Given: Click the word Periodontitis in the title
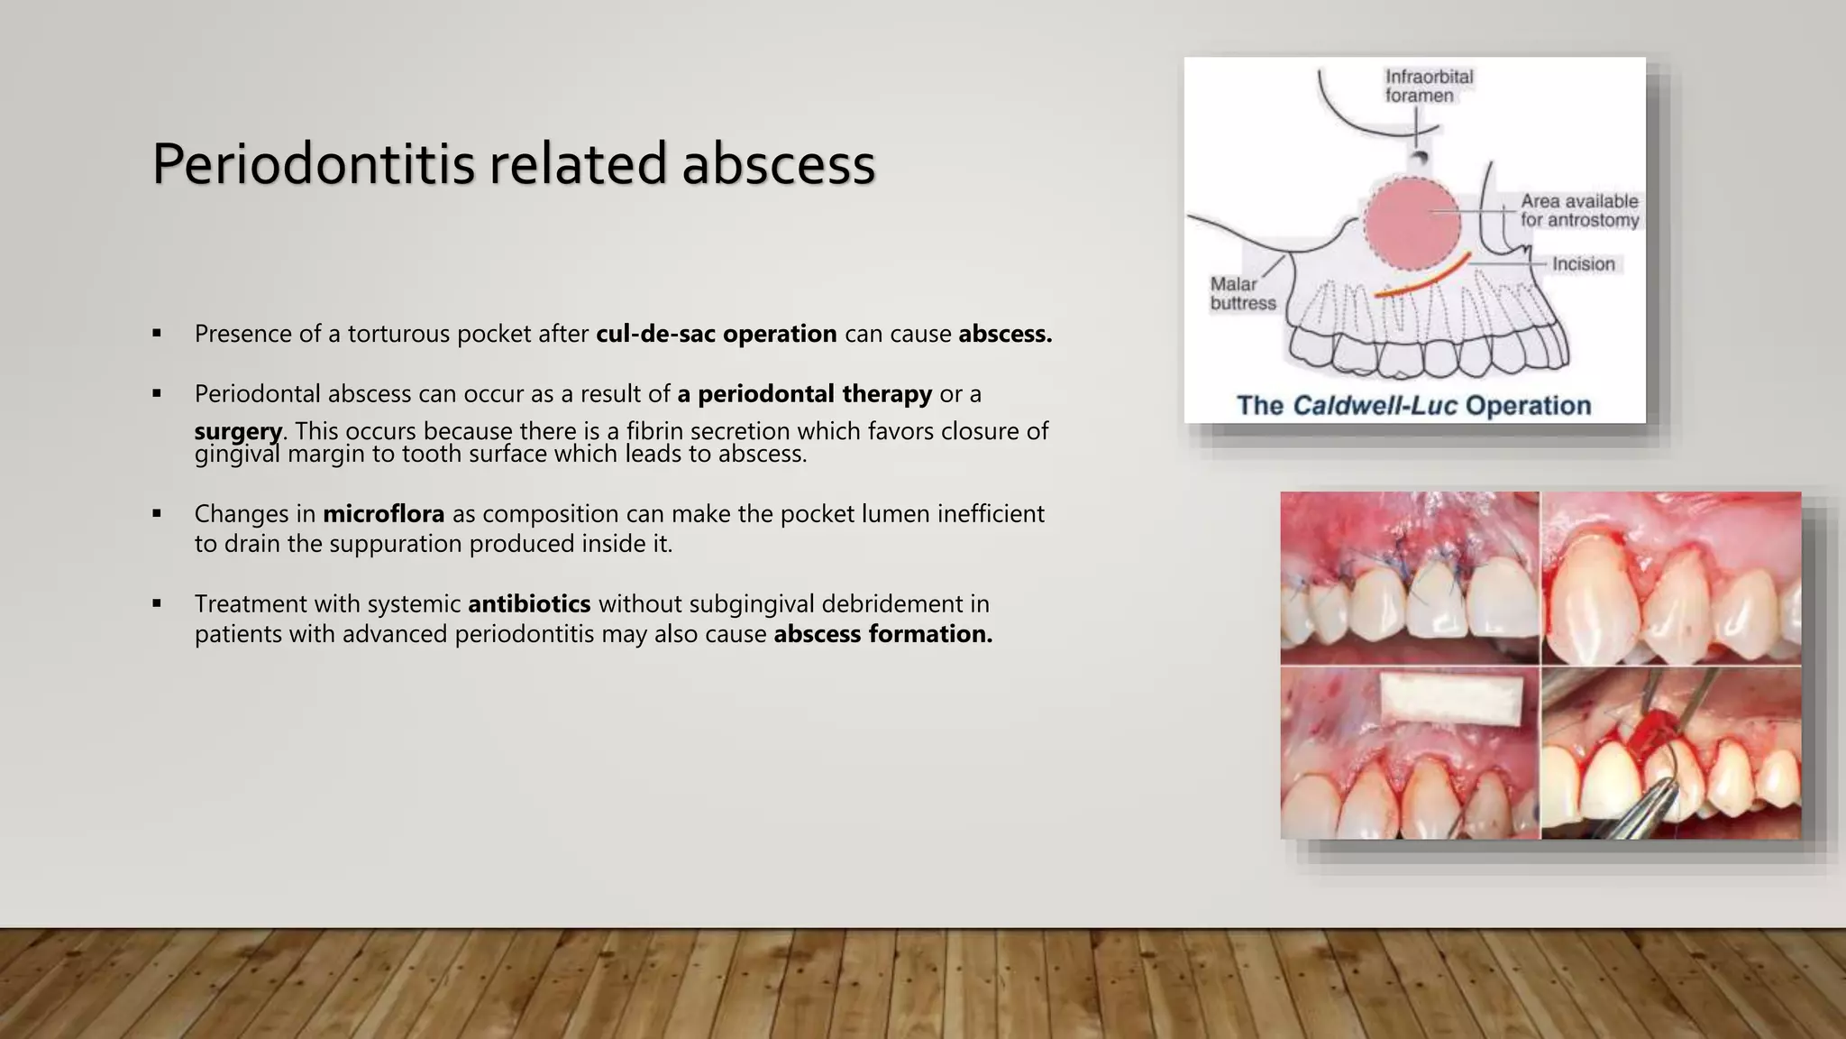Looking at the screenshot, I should tap(313, 164).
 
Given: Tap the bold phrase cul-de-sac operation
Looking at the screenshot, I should tap(716, 334).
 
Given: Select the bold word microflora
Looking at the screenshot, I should tap(383, 514).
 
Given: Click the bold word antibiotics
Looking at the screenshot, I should tap(529, 603).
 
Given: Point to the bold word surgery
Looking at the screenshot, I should tap(238, 431).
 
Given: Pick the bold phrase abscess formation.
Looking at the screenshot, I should tap(882, 634).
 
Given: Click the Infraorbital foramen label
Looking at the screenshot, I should tap(1428, 86).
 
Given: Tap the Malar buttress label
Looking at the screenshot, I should tap(1242, 294).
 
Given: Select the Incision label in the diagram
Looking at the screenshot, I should tap(1583, 264).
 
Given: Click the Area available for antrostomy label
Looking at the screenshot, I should tap(1579, 210).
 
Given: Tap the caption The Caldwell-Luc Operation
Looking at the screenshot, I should tap(1413, 405).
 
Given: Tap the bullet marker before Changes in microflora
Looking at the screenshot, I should tap(157, 514).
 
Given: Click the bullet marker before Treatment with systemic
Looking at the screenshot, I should tap(157, 603).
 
